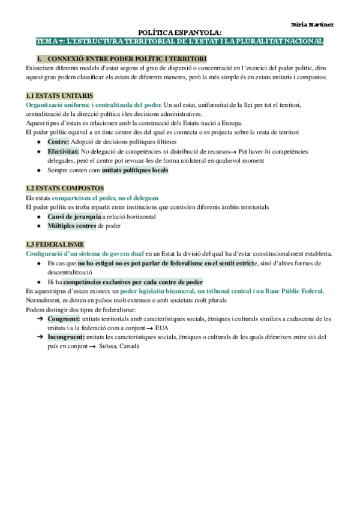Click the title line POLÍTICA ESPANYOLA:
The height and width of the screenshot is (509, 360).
click(179, 32)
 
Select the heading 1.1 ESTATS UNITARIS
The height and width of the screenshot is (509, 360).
click(59, 96)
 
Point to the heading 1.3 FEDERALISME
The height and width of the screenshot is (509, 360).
click(55, 244)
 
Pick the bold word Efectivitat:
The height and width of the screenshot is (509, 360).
click(63, 152)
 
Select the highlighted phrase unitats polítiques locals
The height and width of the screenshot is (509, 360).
click(135, 170)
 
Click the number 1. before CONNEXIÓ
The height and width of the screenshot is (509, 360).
click(40, 58)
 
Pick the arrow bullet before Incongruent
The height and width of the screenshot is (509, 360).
click(40, 337)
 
